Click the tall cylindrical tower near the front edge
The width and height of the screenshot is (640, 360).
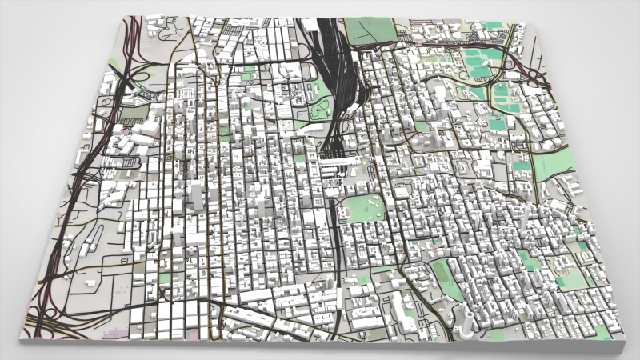coord(465,319)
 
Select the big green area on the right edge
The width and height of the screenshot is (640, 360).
coord(556,164)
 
